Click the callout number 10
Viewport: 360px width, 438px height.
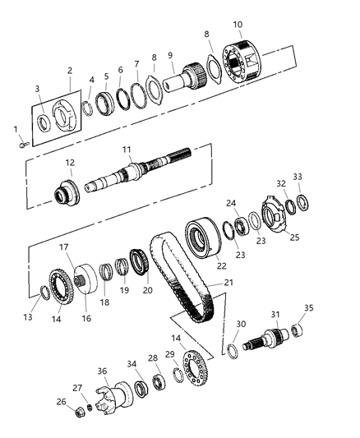237,25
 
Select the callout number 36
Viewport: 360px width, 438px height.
103,371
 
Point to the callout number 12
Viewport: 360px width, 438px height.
71,163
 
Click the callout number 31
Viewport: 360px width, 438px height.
275,315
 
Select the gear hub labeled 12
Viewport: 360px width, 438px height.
67,194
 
